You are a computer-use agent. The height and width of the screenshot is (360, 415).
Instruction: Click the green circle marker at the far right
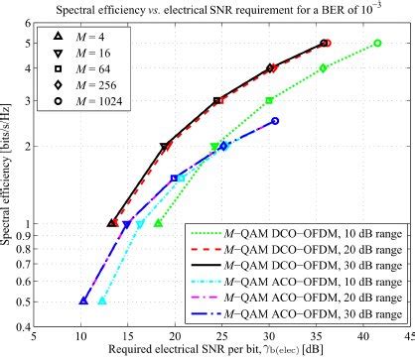[x=378, y=43]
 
